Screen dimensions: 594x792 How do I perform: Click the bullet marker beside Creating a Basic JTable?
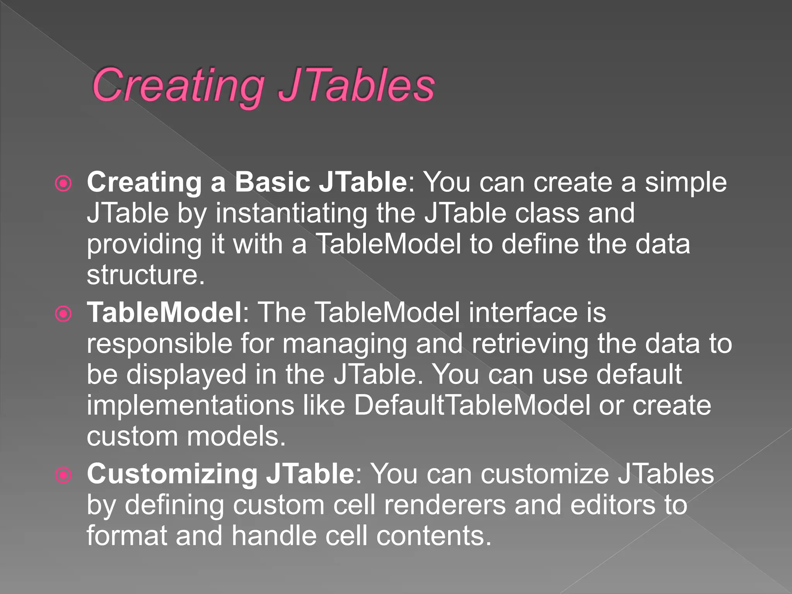tap(63, 184)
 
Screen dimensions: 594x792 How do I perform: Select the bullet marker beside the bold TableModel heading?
tap(63, 314)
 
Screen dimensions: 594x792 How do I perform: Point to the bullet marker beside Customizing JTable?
tap(63, 475)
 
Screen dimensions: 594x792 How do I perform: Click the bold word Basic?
tap(272, 182)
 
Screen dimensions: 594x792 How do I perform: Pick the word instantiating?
tap(291, 213)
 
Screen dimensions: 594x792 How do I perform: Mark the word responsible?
tap(159, 343)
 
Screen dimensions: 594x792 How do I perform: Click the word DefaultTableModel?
tap(472, 405)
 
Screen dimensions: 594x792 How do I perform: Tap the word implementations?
tap(190, 405)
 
